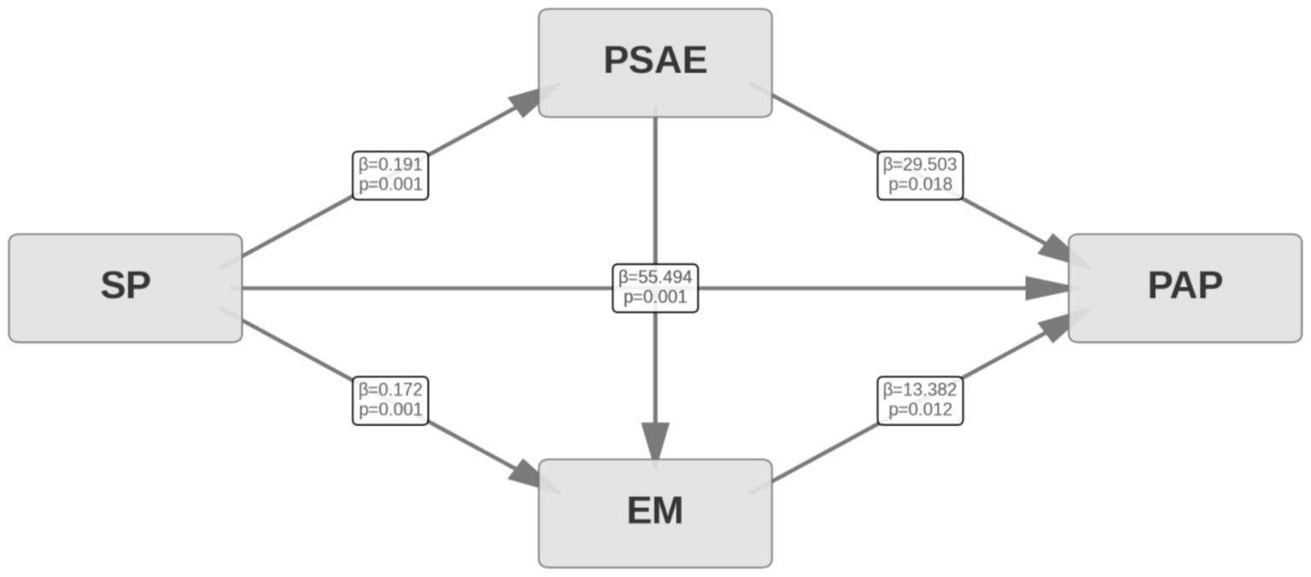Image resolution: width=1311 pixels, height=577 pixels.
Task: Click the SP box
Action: pos(126,288)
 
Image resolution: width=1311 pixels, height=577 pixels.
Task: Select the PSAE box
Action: pos(655,62)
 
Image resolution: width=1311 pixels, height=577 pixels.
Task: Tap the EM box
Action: pos(655,512)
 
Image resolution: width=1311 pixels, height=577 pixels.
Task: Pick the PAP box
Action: pos(1185,288)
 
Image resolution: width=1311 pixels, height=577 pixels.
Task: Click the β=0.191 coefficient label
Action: pos(390,165)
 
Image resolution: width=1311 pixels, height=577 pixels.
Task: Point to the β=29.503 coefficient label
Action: pos(920,165)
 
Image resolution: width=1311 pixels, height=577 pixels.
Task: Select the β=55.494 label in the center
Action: pos(655,277)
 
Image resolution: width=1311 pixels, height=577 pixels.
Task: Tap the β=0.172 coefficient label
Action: pos(390,390)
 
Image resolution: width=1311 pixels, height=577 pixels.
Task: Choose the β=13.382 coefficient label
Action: pos(920,390)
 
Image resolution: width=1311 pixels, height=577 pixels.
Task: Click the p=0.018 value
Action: pos(920,185)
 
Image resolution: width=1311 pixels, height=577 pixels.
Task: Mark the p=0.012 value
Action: pos(920,411)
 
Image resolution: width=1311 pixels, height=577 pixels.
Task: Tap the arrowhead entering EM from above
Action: pos(655,442)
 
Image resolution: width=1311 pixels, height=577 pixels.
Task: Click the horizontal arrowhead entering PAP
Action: pos(1048,288)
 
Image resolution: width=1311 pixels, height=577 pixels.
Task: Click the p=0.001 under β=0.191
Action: pos(390,185)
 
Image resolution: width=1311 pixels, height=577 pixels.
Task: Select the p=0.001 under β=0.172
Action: pos(390,411)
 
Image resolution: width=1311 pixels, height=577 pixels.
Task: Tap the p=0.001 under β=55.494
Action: pos(655,298)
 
